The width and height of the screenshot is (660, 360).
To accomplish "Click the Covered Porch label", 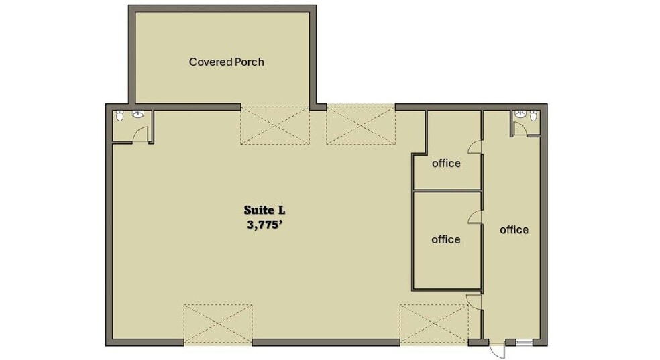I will click(226, 62).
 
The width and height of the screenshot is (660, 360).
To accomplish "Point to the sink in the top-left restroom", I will click(139, 115).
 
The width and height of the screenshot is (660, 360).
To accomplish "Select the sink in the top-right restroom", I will click(518, 115).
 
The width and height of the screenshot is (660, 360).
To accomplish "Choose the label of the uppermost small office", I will click(446, 163).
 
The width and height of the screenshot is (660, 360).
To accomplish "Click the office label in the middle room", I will click(446, 239).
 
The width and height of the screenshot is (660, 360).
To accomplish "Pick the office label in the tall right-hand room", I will click(514, 230).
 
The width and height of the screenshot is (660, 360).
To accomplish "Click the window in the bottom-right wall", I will click(524, 342).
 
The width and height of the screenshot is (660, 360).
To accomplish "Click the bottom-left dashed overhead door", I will click(217, 324).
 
